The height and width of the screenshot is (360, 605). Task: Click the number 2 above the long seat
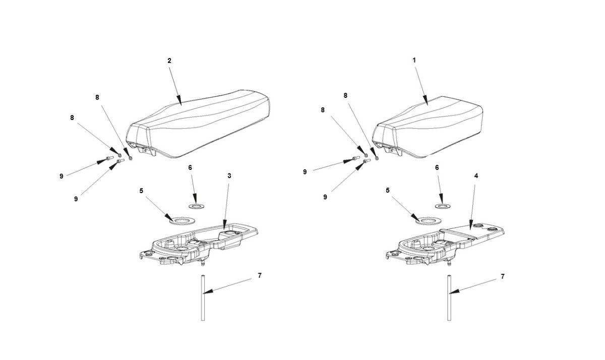[x=169, y=61]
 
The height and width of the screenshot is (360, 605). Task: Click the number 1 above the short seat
[x=414, y=60]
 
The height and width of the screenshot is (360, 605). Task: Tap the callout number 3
[x=229, y=175]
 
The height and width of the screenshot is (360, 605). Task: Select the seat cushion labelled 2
[x=202, y=126]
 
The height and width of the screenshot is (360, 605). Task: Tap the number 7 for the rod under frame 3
[x=259, y=275]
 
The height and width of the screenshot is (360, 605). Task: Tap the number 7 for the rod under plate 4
[x=503, y=277]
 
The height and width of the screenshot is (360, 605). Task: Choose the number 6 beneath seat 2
[x=190, y=167]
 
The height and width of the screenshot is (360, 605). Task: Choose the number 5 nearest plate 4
[x=387, y=191]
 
